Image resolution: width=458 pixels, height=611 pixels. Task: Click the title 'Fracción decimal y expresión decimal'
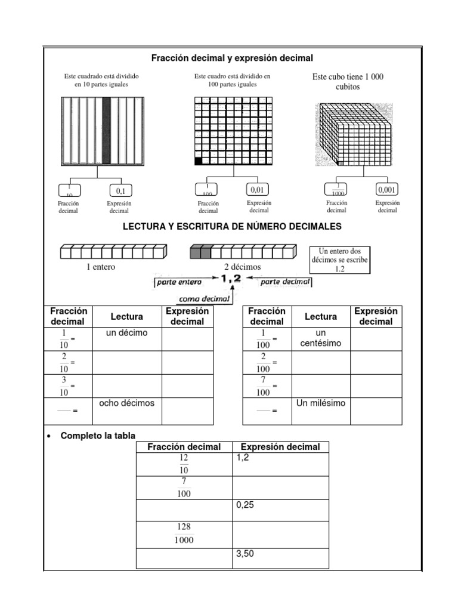click(232, 58)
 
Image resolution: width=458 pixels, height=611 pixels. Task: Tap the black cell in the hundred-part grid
click(199, 161)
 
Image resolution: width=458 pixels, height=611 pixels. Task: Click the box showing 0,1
click(120, 191)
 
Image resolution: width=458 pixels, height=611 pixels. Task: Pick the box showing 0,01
click(257, 190)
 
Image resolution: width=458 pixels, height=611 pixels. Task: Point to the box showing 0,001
click(387, 190)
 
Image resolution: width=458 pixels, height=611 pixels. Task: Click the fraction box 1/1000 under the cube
click(336, 190)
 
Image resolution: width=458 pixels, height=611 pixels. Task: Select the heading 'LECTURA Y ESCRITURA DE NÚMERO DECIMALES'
click(232, 227)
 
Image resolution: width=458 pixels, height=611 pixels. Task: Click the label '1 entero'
click(101, 267)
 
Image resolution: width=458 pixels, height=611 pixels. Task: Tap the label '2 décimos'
click(242, 267)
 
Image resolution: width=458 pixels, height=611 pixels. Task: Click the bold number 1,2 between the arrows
click(230, 279)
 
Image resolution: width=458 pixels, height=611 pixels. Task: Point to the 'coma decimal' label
click(197, 299)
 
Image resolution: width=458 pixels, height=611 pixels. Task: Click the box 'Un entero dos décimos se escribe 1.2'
click(341, 260)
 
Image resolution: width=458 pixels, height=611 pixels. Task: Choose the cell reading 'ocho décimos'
click(126, 403)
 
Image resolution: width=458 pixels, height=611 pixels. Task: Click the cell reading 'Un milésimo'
click(321, 403)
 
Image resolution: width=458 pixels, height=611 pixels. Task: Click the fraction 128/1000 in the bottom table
click(183, 533)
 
